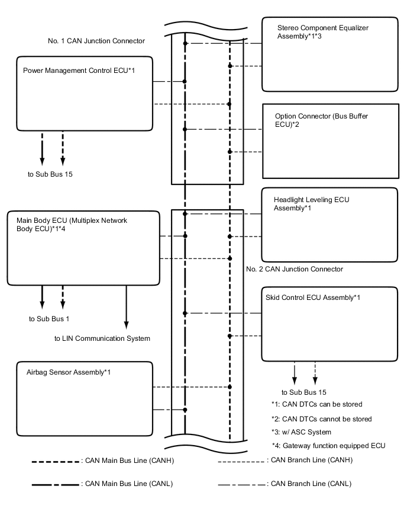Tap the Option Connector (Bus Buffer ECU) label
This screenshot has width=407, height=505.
321,120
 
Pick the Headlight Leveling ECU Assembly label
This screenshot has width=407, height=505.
311,204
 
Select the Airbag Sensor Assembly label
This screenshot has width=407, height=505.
69,372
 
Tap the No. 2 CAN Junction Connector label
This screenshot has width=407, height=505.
294,269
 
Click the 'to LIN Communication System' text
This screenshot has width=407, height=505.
102,338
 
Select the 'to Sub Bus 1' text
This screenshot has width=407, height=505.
49,319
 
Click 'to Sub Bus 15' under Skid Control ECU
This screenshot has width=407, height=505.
303,392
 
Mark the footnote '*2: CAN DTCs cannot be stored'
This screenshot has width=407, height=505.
321,418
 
